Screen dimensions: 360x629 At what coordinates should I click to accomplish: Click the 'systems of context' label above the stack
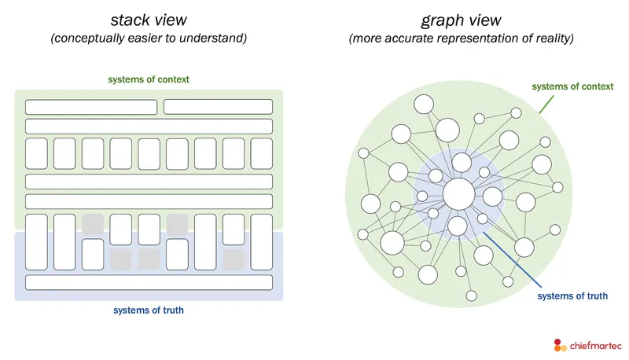point(149,79)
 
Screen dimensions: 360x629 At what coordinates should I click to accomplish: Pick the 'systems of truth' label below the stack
point(149,310)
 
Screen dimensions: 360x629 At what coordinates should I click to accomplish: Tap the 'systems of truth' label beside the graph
point(572,296)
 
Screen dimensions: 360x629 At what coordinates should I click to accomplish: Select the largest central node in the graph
point(458,194)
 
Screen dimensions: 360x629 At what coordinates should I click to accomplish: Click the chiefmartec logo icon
point(559,344)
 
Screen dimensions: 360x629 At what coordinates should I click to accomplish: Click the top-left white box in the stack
point(92,107)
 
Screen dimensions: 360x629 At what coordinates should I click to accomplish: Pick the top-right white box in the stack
point(218,107)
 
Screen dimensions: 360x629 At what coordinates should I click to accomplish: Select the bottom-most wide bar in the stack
point(149,282)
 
